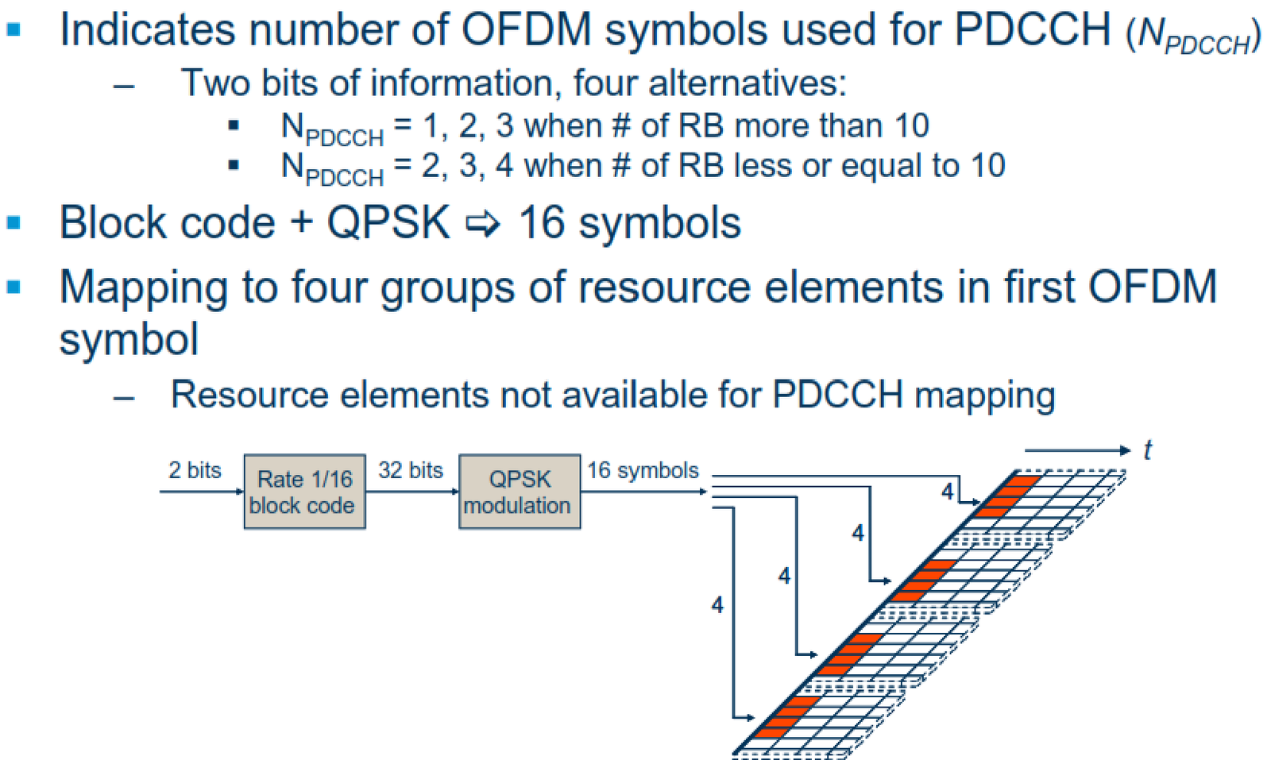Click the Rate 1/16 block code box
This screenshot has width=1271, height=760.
pos(304,492)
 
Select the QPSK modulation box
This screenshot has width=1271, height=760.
pos(520,492)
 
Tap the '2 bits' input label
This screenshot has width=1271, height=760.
pos(195,470)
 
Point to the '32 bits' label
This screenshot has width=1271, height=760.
pos(410,470)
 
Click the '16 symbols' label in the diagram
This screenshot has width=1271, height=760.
pos(643,470)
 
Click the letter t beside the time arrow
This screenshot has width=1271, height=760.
pos(1147,450)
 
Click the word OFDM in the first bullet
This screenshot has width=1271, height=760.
pos(527,30)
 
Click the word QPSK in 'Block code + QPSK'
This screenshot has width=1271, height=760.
pos(388,222)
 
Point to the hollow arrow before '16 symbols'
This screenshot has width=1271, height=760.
pos(483,225)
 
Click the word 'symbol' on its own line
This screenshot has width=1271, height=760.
pos(129,339)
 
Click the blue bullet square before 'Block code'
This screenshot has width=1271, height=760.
pos(14,222)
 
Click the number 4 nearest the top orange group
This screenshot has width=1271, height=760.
pos(947,492)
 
